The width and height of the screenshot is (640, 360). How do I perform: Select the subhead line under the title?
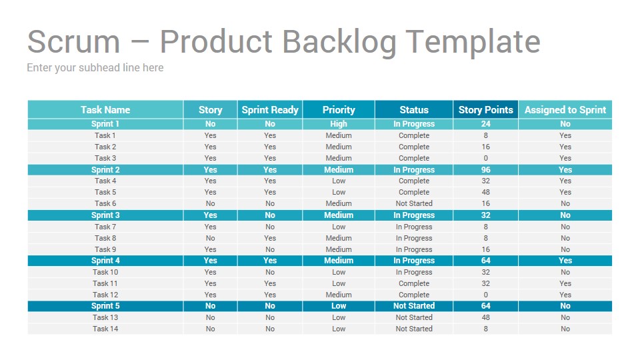coord(95,68)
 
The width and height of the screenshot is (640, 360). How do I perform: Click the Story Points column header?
coord(485,110)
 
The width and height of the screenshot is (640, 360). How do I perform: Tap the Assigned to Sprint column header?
coord(565,110)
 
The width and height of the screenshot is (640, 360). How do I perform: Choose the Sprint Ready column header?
coord(270,110)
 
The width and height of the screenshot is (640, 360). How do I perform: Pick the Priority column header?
coord(339,110)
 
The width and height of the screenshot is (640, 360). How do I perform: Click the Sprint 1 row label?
coord(105,124)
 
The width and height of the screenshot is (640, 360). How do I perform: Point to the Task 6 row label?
coord(105,203)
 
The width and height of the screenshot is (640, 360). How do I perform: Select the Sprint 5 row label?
coord(105,306)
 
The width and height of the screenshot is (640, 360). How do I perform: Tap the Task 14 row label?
coord(105,329)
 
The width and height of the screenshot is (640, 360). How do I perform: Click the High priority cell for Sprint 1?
coord(339,124)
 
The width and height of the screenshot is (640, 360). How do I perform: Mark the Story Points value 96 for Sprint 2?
coord(485,170)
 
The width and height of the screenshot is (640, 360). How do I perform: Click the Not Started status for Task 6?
coord(414,203)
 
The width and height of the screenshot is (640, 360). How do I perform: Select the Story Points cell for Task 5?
coord(485,192)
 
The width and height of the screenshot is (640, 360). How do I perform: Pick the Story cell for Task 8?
coord(210,238)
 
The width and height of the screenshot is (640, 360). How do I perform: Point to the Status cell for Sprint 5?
coord(414,306)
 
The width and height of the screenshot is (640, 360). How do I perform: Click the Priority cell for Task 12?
coord(339,295)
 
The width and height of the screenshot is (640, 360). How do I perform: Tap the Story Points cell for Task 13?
coord(485,317)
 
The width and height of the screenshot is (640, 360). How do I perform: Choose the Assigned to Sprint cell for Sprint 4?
coord(565,261)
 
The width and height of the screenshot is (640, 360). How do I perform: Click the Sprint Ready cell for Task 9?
coord(270,249)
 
